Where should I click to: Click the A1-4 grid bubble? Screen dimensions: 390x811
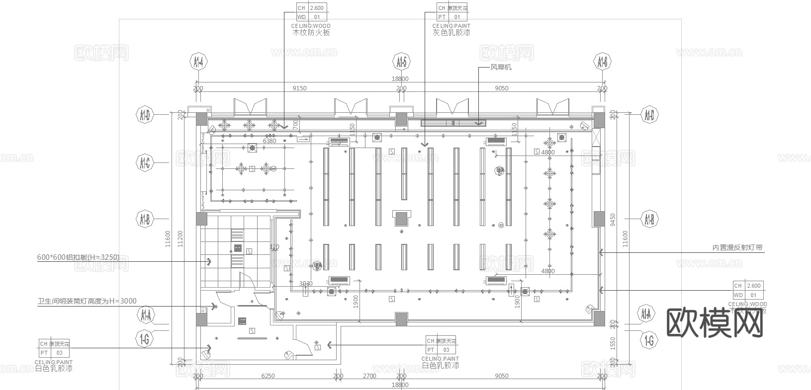198,62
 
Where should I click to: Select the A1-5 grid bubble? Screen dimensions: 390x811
401,62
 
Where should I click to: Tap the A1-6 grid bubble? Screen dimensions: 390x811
602,62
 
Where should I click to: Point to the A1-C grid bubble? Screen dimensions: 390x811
145,162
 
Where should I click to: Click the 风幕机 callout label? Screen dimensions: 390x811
501,67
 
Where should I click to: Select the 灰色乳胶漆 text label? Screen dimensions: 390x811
451,33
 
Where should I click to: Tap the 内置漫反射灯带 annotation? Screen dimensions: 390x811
737,247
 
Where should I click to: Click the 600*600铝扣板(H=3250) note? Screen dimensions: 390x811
78,257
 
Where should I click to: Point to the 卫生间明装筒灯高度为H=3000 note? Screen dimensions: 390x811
87,301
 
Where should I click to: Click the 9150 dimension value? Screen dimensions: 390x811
299,88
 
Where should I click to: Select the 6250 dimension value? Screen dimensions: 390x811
268,376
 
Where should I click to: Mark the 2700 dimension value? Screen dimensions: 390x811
369,376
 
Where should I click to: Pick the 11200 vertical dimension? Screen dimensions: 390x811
180,239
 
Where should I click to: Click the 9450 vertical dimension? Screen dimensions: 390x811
613,220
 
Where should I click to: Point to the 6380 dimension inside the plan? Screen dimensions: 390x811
269,141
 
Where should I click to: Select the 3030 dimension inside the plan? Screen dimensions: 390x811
306,284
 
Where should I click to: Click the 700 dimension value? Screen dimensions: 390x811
296,125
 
